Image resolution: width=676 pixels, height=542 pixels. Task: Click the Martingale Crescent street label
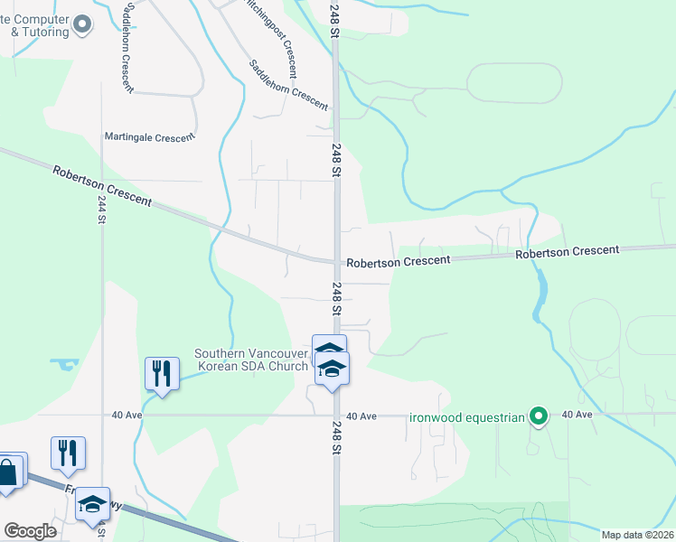coord(149,137)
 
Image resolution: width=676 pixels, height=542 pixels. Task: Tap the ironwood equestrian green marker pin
coord(540,416)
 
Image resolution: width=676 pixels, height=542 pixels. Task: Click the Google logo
coord(30,531)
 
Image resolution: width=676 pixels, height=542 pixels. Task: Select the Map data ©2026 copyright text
coord(637,535)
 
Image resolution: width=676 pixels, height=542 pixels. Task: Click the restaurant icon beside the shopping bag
coord(68,453)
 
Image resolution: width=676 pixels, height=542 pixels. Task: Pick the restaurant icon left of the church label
coord(162,373)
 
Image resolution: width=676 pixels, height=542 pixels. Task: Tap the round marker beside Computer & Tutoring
coord(82,24)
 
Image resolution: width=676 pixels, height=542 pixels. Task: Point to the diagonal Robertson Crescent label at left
coord(102,184)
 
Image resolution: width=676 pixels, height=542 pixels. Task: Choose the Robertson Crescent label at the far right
coord(568,252)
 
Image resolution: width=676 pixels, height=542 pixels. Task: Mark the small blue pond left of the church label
coord(64,365)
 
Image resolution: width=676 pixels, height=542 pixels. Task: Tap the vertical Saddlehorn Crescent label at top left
coord(124,45)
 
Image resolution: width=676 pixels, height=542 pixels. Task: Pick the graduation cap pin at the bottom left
coord(91,506)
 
